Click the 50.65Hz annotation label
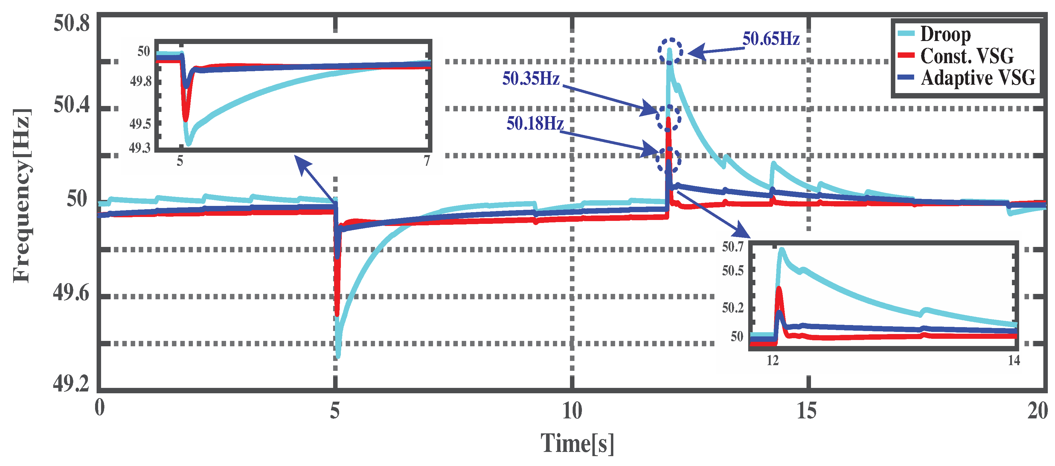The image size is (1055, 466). coord(771,39)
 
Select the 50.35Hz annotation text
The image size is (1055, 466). coord(531,78)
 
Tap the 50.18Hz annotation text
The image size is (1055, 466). coord(535,123)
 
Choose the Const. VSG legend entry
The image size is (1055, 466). coord(966,56)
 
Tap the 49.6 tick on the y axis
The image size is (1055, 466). coord(71,293)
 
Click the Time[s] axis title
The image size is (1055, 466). coord(577,444)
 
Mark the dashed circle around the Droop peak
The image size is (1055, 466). coord(670,51)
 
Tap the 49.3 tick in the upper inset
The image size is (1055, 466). coord(140,148)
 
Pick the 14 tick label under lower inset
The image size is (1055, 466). coord(1014,361)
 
